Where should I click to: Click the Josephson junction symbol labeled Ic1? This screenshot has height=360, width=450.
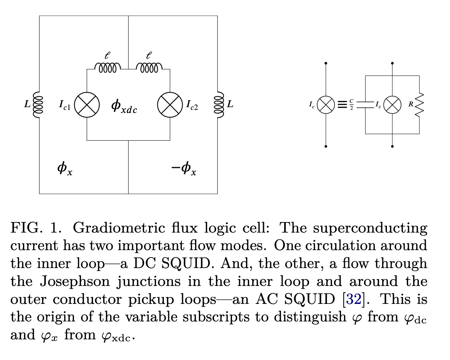(87, 104)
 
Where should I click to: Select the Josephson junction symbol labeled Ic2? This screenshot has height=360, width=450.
(170, 104)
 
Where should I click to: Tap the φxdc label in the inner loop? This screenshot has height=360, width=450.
(124, 106)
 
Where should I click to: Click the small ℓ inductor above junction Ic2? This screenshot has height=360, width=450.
(149, 69)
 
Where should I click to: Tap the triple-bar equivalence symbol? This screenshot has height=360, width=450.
(342, 105)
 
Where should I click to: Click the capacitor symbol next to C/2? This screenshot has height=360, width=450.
(366, 105)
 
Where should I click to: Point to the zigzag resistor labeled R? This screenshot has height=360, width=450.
(419, 105)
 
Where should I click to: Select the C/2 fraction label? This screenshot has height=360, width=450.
(352, 105)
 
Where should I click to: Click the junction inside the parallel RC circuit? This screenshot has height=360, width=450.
(392, 105)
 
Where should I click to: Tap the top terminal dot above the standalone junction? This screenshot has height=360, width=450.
(326, 63)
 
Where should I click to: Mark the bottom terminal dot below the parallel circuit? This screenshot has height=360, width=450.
(392, 146)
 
